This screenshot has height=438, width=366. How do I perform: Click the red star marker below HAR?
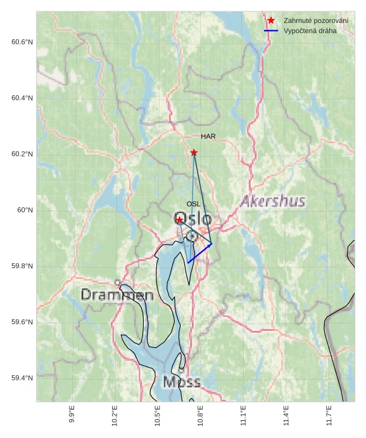pos(194,153)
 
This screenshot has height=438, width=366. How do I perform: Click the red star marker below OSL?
pos(180,220)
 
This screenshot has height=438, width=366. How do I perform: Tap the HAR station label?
pos(208,136)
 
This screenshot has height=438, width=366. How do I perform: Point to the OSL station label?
pos(193,204)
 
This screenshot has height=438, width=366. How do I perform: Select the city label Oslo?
pos(192,219)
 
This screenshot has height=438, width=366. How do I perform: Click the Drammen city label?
pos(117,295)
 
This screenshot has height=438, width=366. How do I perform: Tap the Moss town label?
pos(182,382)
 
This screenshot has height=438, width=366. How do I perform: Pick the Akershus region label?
pos(273,202)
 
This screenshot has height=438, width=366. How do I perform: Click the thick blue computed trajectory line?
pos(199,253)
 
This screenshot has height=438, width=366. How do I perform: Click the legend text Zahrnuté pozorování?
pos(316,21)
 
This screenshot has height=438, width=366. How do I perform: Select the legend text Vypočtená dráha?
pos(310,30)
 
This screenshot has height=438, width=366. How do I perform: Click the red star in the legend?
pos(271,21)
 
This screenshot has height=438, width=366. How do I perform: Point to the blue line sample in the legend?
pos(271,30)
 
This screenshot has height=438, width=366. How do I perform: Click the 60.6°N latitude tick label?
pos(22,42)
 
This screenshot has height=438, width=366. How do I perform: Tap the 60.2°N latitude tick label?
pos(22,154)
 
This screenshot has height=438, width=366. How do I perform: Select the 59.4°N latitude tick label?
pos(22,378)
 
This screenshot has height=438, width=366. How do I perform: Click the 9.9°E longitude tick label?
pos(72,415)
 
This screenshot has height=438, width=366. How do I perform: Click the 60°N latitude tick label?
pos(25,210)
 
